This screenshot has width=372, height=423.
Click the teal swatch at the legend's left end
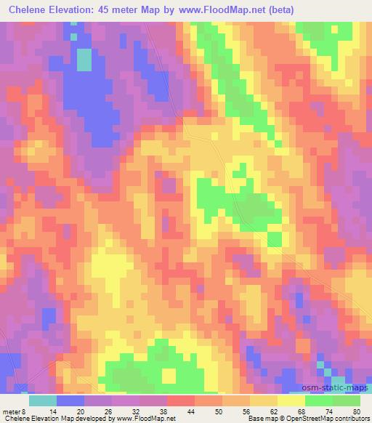coord(43,400)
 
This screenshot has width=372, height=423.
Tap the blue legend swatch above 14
coord(71,400)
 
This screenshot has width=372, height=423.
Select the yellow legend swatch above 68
coord(291,400)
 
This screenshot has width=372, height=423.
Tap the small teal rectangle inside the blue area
coord(84,59)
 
